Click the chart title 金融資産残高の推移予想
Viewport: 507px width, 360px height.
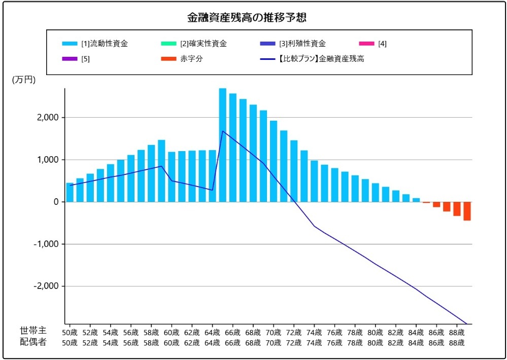[247, 18]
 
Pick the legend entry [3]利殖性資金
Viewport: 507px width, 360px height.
[302, 44]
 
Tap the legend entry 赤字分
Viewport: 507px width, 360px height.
[191, 59]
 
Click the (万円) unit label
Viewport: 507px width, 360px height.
[23, 80]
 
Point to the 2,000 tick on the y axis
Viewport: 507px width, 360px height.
[47, 118]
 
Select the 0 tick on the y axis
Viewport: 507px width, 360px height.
[56, 202]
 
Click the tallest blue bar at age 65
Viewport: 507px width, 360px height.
[222, 145]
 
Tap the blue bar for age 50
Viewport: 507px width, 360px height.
[70, 192]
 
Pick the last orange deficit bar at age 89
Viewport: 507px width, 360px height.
[467, 211]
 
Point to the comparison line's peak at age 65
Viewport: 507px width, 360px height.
[222, 131]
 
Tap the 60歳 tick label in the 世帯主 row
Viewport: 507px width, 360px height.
[172, 333]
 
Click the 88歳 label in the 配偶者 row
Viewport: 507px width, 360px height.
[457, 343]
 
